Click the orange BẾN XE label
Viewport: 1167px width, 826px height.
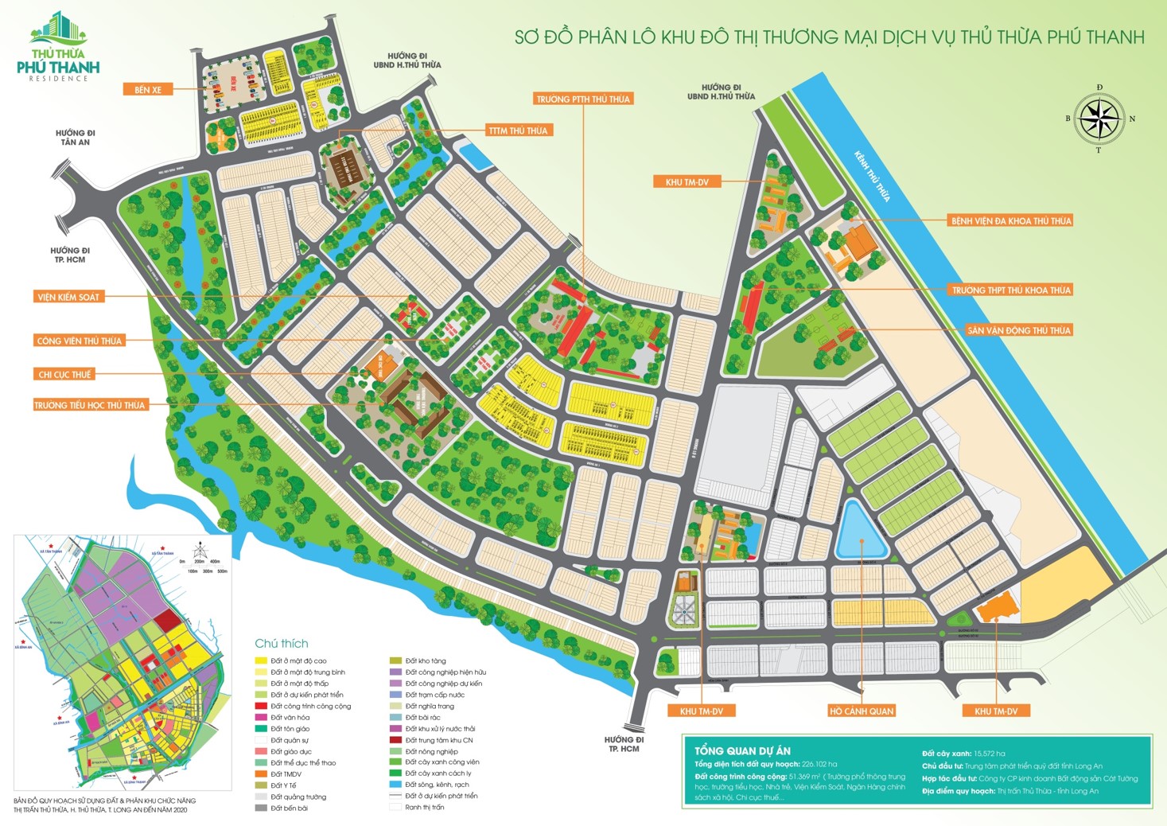point(148,90)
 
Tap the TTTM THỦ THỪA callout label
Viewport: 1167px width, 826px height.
point(519,131)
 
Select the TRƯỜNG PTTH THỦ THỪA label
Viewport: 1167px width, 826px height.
point(583,99)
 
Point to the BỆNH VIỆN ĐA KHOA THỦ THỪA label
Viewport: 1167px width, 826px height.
point(1010,220)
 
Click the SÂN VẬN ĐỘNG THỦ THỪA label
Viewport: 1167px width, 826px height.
point(1018,330)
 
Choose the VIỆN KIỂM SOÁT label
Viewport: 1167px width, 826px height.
point(68,297)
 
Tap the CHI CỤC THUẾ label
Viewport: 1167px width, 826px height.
point(65,374)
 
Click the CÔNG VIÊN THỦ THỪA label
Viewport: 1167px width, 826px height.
point(79,341)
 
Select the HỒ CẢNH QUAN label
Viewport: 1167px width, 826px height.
point(862,711)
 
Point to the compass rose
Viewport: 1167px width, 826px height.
point(1099,119)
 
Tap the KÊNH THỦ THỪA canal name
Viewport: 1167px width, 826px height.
point(872,177)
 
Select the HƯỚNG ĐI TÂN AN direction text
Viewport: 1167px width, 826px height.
point(75,138)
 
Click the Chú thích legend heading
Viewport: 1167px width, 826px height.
point(281,643)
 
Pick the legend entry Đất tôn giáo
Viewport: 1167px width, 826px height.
point(290,729)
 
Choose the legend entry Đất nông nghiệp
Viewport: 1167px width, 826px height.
point(431,751)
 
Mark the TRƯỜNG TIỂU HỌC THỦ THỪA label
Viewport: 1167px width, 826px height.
point(90,405)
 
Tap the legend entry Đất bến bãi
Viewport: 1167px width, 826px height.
point(289,808)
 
